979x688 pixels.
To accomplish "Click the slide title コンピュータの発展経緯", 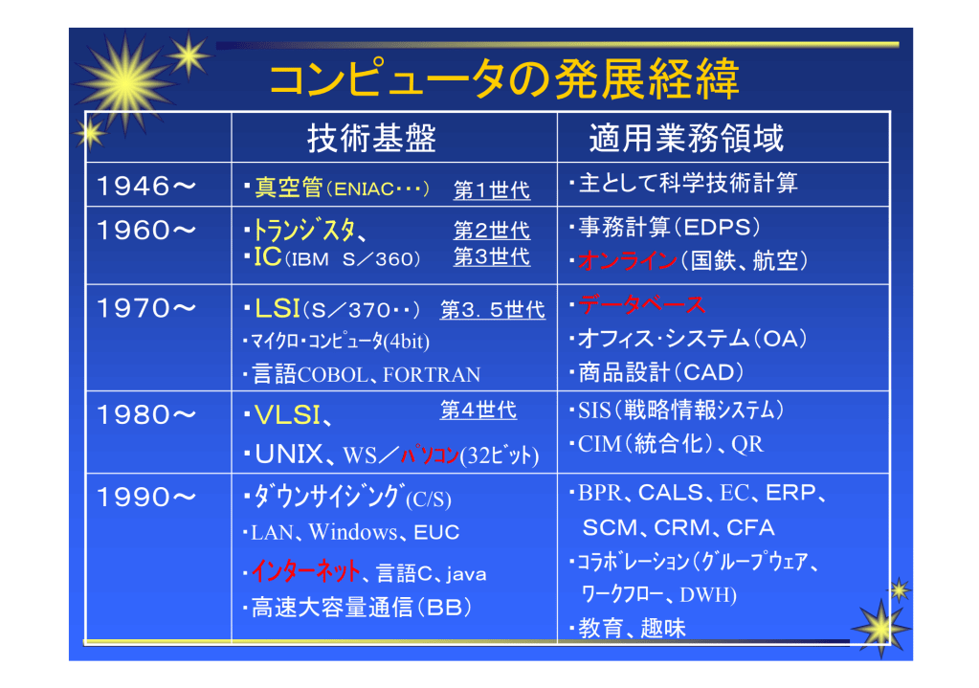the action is [504, 79].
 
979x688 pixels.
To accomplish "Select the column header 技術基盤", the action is [371, 138].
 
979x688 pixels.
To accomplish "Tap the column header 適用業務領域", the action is [686, 138].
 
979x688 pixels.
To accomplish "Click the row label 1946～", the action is [146, 186].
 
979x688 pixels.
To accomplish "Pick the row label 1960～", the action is [146, 231].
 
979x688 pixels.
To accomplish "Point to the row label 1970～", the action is [146, 308].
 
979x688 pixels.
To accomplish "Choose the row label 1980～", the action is [146, 415].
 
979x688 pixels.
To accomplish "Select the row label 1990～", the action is [146, 498].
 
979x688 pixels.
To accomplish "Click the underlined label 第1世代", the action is [492, 189].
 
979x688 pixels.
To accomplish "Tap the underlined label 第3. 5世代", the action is [493, 310].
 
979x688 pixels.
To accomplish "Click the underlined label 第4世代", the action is [478, 410].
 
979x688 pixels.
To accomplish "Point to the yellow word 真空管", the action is [288, 188].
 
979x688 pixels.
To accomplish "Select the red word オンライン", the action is [628, 260].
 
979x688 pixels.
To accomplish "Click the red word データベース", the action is [641, 305].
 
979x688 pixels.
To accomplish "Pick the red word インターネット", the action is [306, 571].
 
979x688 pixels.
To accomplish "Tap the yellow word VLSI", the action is [288, 415].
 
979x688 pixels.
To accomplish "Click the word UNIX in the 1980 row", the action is [289, 455].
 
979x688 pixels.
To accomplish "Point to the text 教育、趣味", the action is [632, 628].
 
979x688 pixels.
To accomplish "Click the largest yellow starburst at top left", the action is [125, 83].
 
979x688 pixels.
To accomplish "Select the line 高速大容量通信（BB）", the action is [362, 607].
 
